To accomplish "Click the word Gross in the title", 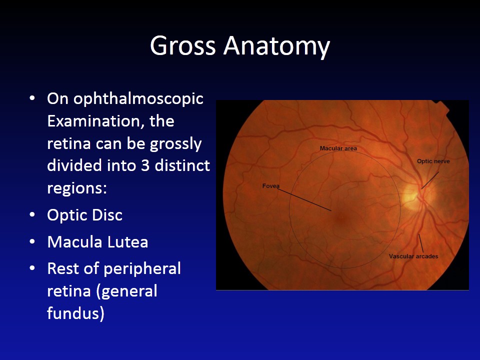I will (x=183, y=46).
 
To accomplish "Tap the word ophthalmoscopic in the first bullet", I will (x=138, y=98).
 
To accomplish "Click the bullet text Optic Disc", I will (x=84, y=215).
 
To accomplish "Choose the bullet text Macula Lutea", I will (x=97, y=242).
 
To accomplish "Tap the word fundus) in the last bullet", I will (x=75, y=313).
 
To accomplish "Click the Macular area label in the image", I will (x=338, y=148).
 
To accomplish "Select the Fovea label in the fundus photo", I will (x=270, y=186).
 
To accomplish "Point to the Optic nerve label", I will (x=433, y=161).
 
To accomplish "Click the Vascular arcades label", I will (x=413, y=256).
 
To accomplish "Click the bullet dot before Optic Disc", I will (x=32, y=215).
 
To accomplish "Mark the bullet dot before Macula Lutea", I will (x=32, y=242).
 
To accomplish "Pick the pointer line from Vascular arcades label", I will (x=421, y=243).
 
